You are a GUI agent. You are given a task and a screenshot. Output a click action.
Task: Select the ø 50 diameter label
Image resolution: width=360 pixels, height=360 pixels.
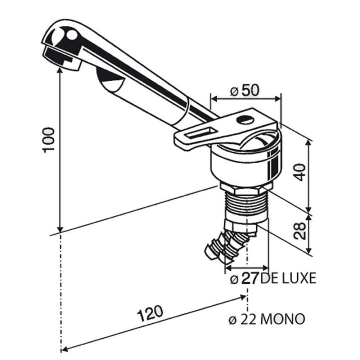244,91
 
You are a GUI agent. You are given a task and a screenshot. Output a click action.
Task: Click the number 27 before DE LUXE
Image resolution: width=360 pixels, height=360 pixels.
250,278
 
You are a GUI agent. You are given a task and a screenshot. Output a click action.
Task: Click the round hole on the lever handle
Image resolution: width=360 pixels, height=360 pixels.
244,119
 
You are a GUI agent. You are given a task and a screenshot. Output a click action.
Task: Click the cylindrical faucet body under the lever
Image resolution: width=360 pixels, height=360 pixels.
242,165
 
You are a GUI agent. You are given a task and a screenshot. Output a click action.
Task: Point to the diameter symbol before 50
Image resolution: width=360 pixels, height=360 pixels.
233,91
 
